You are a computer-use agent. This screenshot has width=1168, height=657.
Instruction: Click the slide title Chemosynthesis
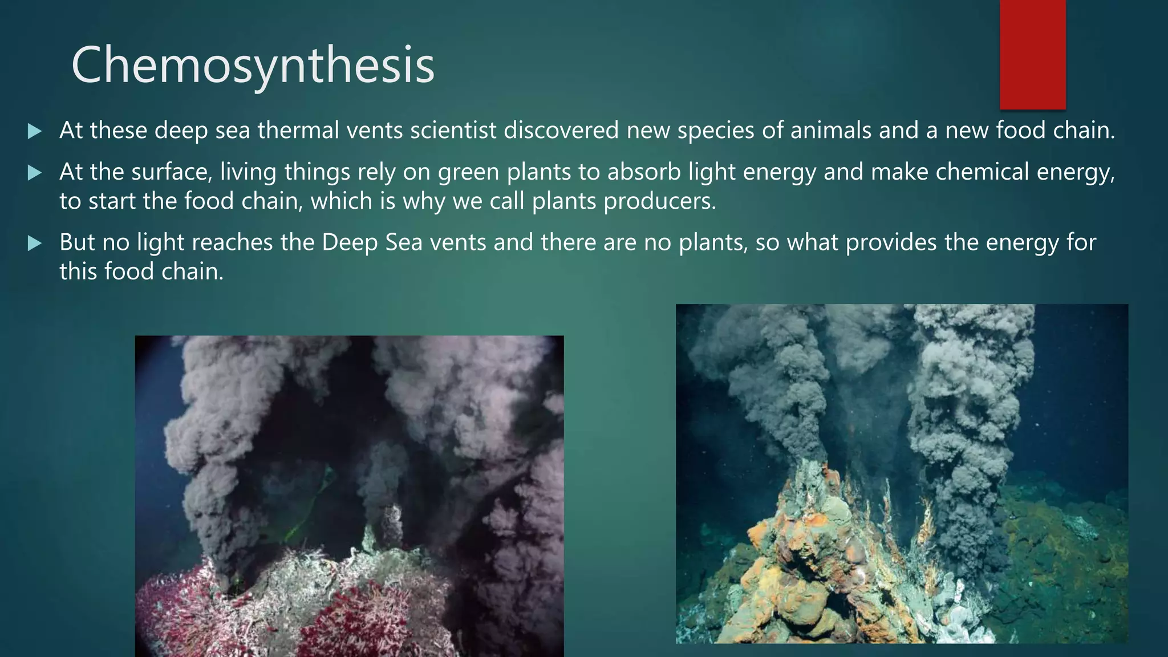pyautogui.click(x=253, y=66)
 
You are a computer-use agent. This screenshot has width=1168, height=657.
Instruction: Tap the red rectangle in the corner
pyautogui.click(x=1032, y=54)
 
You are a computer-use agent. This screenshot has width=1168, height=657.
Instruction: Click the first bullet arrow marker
pyautogui.click(x=35, y=132)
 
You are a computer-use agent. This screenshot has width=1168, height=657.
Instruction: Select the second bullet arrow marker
pyautogui.click(x=35, y=173)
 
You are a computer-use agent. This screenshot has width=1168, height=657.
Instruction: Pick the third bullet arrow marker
pyautogui.click(x=35, y=244)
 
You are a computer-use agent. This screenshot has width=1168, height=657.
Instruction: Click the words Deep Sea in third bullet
pyautogui.click(x=372, y=243)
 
